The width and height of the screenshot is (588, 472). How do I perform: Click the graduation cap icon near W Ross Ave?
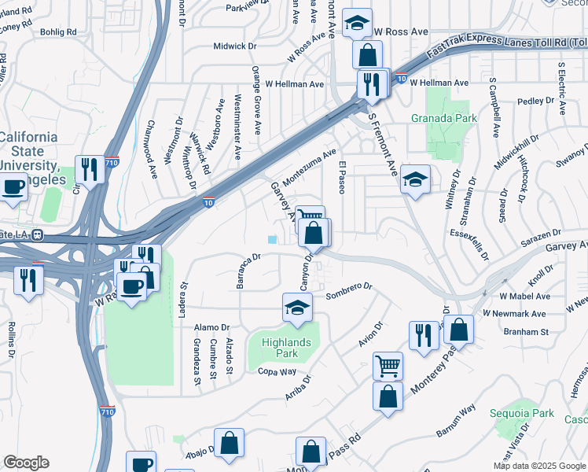[357, 24]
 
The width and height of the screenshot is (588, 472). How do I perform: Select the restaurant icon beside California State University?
[90, 169]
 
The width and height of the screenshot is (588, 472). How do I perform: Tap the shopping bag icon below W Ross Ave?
[367, 55]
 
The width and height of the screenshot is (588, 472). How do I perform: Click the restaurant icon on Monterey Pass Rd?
[424, 335]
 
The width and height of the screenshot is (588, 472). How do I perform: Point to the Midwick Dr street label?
[235, 46]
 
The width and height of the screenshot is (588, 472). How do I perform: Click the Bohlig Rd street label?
[61, 32]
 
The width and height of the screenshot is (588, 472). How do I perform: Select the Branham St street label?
[525, 332]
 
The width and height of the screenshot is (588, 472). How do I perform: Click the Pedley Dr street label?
[536, 101]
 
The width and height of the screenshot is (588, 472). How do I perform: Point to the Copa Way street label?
[277, 371]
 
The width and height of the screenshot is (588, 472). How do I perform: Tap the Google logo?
[26, 463]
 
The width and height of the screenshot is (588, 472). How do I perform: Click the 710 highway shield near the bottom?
[108, 411]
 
